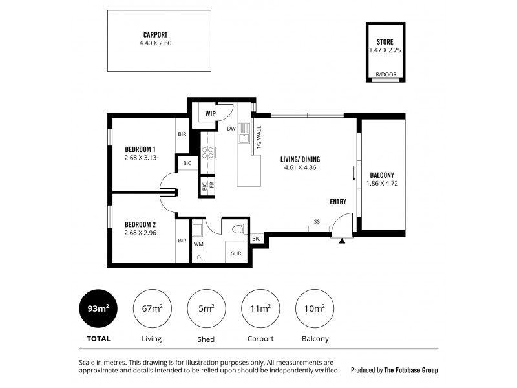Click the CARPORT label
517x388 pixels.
coord(155,35)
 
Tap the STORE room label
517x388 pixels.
coord(385,42)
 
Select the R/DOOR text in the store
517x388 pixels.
coord(386,74)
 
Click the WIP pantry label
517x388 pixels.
coord(211,114)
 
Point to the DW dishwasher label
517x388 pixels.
coord(231,129)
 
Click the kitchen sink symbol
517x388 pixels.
coord(244,133)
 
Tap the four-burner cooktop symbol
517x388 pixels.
coord(207,153)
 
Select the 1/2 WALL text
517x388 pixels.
coord(259,137)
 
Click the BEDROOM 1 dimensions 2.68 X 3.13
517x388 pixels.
coord(140,158)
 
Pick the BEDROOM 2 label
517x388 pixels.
coord(140,224)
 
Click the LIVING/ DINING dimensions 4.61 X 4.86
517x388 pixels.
coord(300,167)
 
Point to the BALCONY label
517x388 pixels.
coord(382,175)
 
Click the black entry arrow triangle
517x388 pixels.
coord(342,241)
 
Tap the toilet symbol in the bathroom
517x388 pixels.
coord(240,229)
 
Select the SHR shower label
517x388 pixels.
coord(236,253)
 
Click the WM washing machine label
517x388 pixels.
coord(198,244)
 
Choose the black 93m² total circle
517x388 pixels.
coord(98,308)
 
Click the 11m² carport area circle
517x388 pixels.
coord(260,308)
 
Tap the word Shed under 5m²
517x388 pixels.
coord(206,339)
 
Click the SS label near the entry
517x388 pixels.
coord(317,222)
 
